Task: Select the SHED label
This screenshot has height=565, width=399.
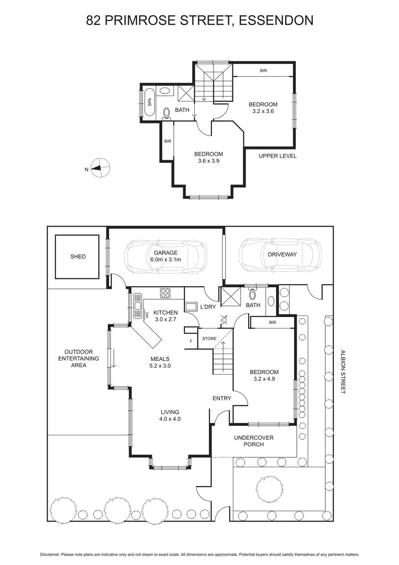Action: (78, 257)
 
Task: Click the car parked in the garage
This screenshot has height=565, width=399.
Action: (166, 256)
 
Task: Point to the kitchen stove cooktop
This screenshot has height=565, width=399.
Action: (166, 293)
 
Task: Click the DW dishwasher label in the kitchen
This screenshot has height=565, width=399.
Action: (147, 315)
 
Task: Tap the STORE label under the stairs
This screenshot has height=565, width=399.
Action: (209, 338)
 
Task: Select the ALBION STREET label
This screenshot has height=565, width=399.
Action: (343, 372)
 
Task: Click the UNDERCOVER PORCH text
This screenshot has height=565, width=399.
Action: (254, 441)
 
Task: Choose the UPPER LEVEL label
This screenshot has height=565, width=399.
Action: (278, 156)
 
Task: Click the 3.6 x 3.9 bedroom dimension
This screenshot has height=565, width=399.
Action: (208, 161)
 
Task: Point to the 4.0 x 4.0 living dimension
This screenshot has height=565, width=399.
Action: (170, 419)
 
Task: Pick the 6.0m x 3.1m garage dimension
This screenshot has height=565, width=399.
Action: (162, 259)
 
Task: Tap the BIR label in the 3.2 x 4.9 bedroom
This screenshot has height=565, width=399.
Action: (272, 323)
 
